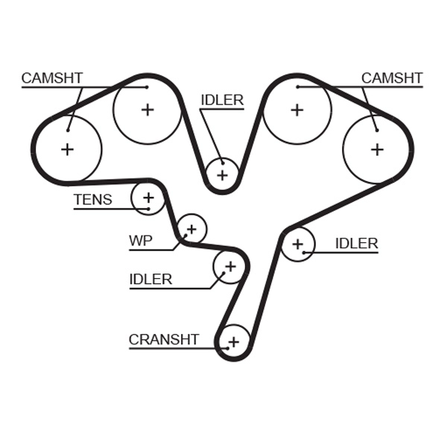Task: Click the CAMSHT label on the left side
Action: (x=51, y=78)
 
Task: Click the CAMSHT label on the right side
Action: (x=392, y=78)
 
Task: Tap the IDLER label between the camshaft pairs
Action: (x=222, y=101)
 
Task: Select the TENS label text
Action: (x=92, y=200)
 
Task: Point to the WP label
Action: (x=141, y=241)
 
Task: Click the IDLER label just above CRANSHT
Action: (x=150, y=279)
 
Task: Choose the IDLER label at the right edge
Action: (x=356, y=244)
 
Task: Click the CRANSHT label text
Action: (x=164, y=340)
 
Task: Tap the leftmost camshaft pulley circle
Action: (x=68, y=149)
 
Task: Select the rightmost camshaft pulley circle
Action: (x=377, y=149)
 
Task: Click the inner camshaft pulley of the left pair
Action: (x=148, y=110)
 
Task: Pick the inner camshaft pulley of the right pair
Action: (x=297, y=110)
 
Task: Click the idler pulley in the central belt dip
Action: (x=222, y=175)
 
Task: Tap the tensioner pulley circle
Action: (x=148, y=198)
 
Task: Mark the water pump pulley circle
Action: (x=192, y=228)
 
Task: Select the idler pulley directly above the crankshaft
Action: (x=229, y=266)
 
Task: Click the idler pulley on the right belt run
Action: (x=298, y=244)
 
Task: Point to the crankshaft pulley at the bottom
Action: (x=234, y=342)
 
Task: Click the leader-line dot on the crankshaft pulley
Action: (x=225, y=347)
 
